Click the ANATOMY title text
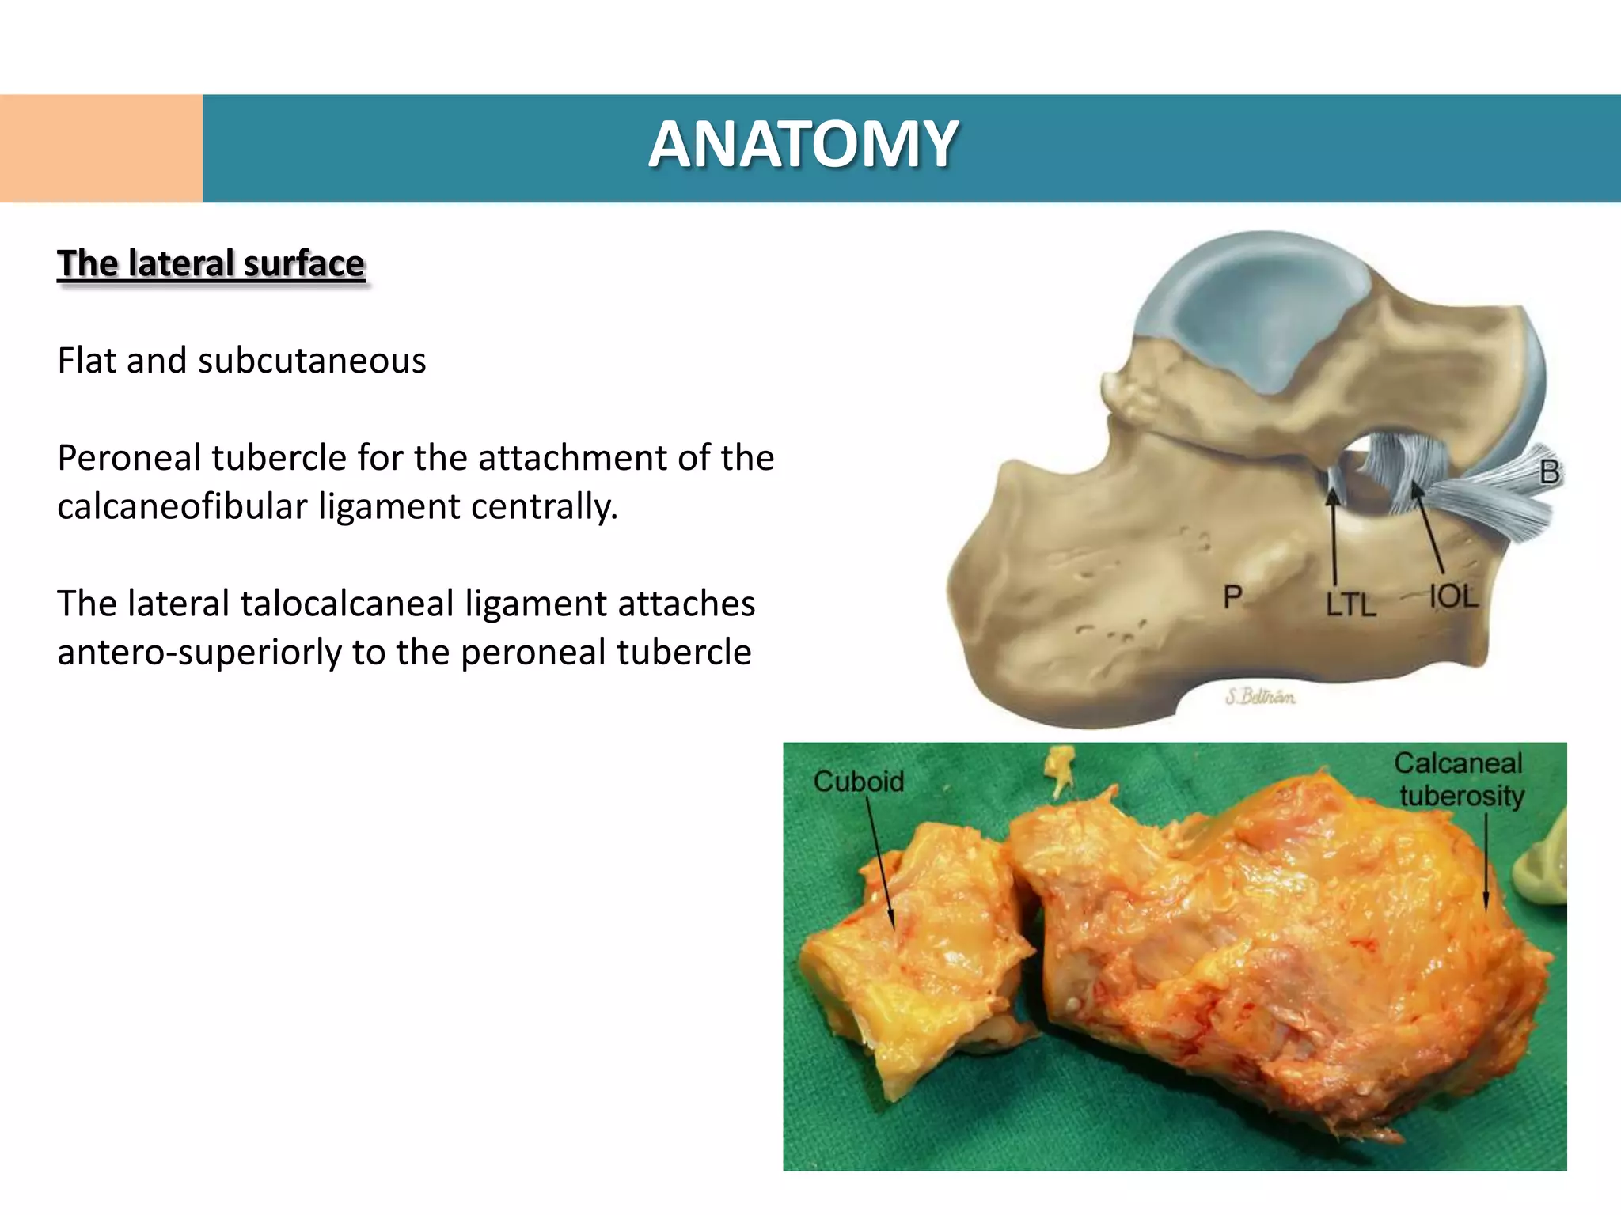pyautogui.click(x=803, y=146)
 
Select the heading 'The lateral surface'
pyautogui.click(x=211, y=263)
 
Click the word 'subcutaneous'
pyautogui.click(x=312, y=361)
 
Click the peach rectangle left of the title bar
pyautogui.click(x=101, y=149)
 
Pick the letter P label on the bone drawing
pyautogui.click(x=1232, y=596)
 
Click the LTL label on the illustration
pyautogui.click(x=1350, y=606)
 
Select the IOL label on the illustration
pyautogui.click(x=1453, y=596)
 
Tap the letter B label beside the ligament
pyautogui.click(x=1549, y=473)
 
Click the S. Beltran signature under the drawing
pyautogui.click(x=1260, y=697)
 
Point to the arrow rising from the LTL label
pyautogui.click(x=1334, y=538)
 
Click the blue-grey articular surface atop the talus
pyautogui.click(x=1251, y=316)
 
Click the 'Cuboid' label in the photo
pyautogui.click(x=858, y=782)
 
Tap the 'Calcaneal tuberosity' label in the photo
pyautogui.click(x=1460, y=779)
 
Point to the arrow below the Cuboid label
pyautogui.click(x=880, y=862)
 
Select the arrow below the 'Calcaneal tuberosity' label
pyautogui.click(x=1486, y=862)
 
